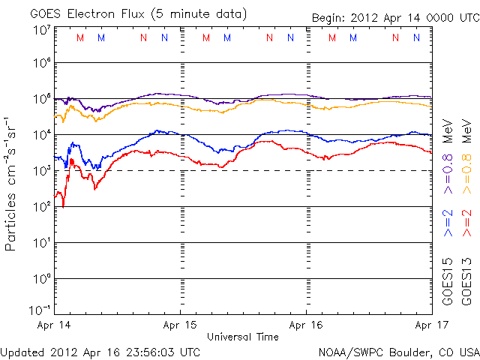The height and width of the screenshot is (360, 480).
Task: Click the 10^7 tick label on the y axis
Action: click(40, 30)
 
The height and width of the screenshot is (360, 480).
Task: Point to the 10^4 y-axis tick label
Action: click(40, 134)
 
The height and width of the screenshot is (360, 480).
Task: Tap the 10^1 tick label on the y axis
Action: click(40, 242)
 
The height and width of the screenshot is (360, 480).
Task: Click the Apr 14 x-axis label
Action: click(55, 326)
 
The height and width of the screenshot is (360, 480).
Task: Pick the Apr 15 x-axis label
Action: click(181, 326)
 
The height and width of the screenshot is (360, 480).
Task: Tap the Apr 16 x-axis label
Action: click(307, 326)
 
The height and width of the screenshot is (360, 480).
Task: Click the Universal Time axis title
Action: click(243, 337)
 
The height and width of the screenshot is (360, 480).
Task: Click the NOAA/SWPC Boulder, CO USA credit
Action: click(398, 352)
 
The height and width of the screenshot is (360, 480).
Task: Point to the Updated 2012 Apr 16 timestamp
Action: click(100, 352)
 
